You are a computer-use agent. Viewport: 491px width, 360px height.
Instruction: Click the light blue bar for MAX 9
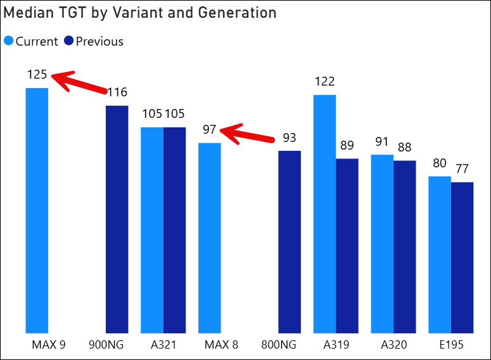tap(37, 209)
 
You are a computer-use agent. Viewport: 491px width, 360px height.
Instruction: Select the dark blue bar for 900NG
tap(117, 219)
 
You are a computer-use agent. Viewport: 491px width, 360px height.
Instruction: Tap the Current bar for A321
tap(152, 229)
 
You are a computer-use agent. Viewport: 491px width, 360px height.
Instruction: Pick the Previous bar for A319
tap(347, 245)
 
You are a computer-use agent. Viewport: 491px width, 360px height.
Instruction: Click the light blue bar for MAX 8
tap(210, 237)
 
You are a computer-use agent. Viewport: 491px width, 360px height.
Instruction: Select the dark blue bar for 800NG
tap(290, 241)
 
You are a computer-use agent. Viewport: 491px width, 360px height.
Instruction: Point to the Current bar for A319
tap(324, 214)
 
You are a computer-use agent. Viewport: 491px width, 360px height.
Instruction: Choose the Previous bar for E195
tap(462, 257)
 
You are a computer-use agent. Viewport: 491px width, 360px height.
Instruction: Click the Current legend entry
tap(31, 42)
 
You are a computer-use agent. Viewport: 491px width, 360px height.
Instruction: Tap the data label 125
tap(37, 75)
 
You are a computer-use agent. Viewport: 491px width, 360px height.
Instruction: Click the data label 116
tap(117, 93)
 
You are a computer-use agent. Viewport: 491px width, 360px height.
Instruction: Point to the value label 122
tap(324, 82)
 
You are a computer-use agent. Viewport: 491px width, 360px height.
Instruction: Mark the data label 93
tap(290, 138)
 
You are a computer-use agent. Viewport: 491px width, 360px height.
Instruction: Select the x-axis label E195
tap(451, 345)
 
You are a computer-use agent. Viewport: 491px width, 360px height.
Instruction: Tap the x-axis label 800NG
tap(279, 345)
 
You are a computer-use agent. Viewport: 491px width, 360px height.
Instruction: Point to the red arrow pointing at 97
tap(250, 134)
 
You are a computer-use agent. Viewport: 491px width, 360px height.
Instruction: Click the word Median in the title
tap(26, 13)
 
